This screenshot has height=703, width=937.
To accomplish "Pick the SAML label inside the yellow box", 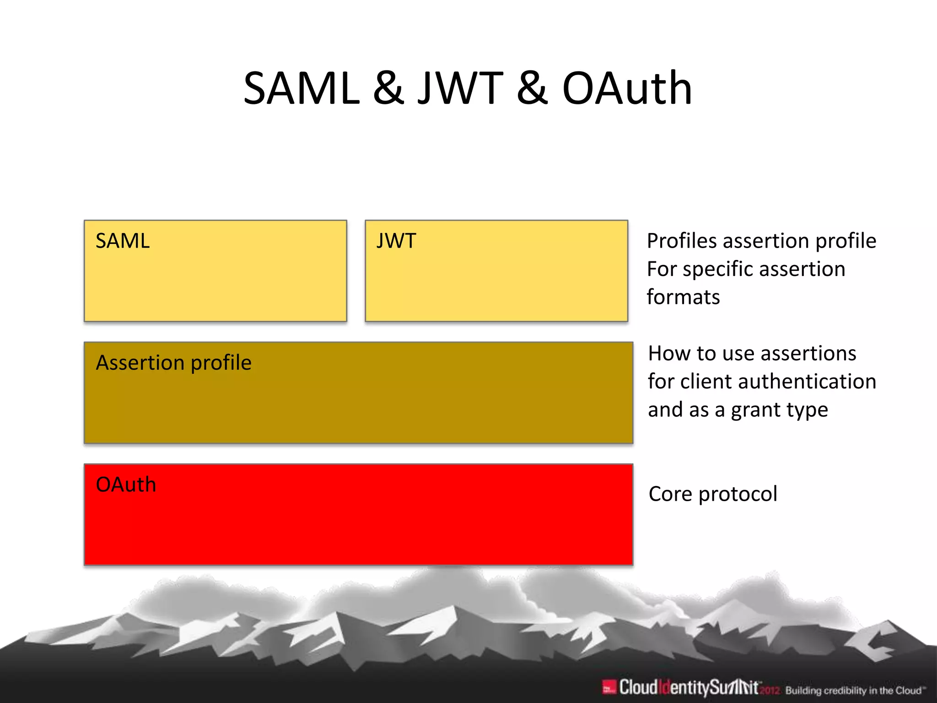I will pos(122,241).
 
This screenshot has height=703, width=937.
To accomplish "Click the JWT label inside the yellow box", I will pos(396,241).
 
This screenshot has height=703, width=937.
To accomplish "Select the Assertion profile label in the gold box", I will pos(173,363).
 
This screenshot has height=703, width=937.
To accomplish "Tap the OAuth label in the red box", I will pos(126,485).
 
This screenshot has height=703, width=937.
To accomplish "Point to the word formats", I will pos(683,297).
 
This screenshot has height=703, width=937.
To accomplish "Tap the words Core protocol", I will pos(713,494).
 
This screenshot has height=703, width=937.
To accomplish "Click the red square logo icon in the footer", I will pos(609,687).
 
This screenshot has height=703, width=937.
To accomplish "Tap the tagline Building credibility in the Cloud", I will pos(855,690).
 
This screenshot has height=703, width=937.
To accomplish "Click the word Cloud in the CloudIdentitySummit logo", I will pos(639,687).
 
